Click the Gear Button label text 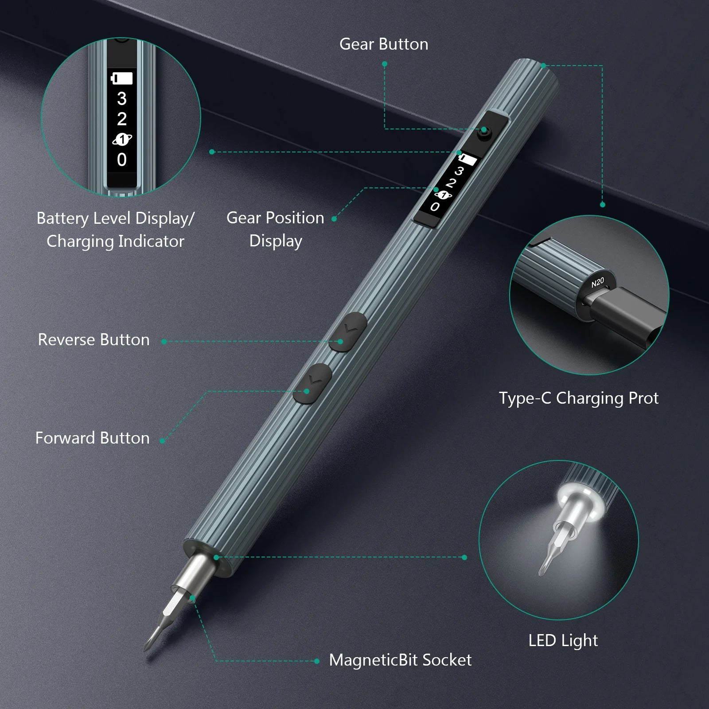384,44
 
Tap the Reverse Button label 93,340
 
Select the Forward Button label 92,438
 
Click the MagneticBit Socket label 400,660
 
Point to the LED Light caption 563,640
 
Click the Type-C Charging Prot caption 579,398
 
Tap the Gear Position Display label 275,229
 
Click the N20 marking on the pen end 598,282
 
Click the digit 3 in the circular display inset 121,98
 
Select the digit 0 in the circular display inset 121,160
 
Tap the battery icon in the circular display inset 122,78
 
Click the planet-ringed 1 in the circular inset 122,140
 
